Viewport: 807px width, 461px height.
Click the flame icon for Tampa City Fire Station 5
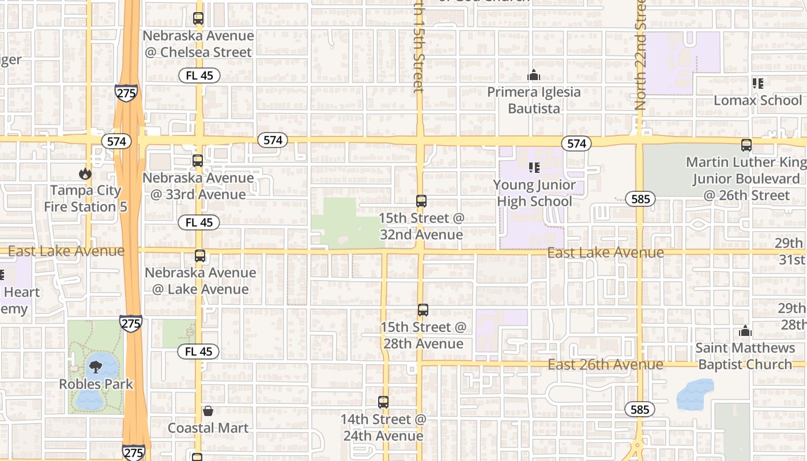[x=85, y=173]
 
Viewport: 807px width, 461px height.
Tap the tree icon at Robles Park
[x=96, y=366]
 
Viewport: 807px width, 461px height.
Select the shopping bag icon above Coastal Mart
[x=208, y=411]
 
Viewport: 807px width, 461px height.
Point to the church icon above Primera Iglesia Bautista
[x=534, y=75]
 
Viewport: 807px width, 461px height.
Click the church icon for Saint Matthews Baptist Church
[x=745, y=331]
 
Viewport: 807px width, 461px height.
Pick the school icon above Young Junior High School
[x=534, y=168]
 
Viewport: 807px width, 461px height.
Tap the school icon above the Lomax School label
[x=757, y=84]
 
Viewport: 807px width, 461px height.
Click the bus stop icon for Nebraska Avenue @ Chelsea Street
[x=198, y=18]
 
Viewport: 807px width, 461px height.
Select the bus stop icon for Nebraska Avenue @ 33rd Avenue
[x=198, y=160]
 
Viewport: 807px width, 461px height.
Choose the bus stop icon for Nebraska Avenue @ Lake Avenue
[x=200, y=256]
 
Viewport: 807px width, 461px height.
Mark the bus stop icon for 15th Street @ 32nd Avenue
[x=421, y=201]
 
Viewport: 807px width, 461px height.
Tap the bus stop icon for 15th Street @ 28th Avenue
[x=423, y=310]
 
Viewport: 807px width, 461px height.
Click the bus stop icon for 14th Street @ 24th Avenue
[x=383, y=402]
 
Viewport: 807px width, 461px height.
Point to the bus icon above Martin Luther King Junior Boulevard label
[x=746, y=145]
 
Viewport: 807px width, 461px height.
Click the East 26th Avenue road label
[x=605, y=365]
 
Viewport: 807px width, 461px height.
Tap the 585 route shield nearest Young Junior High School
[x=640, y=199]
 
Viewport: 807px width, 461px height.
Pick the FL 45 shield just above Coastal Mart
[x=199, y=352]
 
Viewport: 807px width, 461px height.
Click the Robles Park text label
[x=96, y=384]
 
